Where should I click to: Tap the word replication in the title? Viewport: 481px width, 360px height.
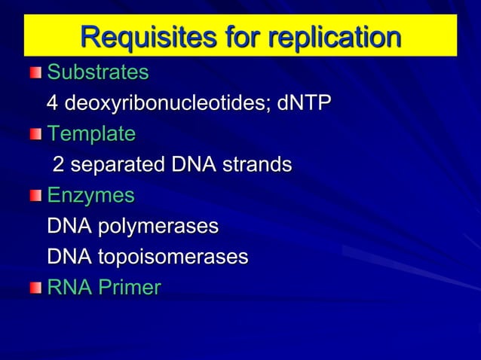pos(333,37)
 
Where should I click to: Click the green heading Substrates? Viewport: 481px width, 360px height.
pos(98,73)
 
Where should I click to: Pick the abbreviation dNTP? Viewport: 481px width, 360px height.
pos(304,103)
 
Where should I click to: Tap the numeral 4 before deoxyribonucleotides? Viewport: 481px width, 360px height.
pos(53,103)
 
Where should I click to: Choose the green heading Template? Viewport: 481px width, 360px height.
pos(91,134)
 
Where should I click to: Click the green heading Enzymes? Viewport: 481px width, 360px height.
pos(90,196)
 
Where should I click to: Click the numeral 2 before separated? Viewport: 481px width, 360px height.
pos(57,164)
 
